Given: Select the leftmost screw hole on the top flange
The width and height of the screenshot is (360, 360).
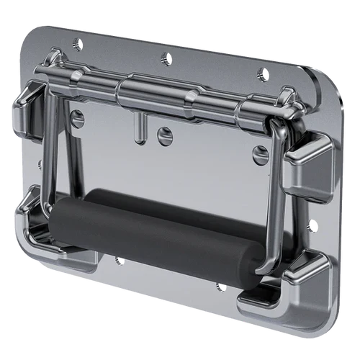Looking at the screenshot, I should [x=77, y=45].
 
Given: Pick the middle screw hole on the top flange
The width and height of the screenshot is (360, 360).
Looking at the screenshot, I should [x=166, y=58].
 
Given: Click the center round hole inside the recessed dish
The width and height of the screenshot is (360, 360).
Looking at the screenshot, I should [x=166, y=135].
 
